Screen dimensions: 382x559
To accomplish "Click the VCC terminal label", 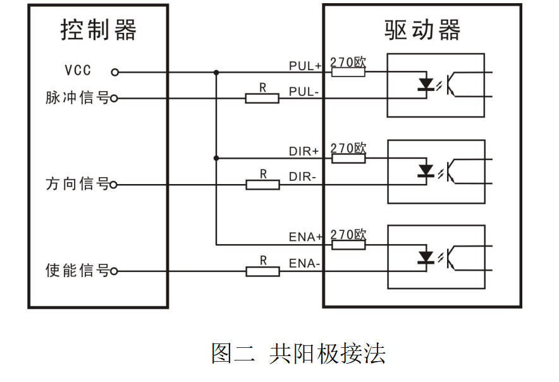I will point(78,70).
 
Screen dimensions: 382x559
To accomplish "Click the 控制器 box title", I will point(98,30).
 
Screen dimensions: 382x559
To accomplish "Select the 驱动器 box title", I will point(422,30).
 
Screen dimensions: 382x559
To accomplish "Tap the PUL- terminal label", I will point(304,92).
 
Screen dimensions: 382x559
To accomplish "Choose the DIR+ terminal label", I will point(305,152).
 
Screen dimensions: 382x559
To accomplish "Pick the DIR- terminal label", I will point(303,178).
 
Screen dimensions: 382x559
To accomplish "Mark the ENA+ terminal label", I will point(305,237).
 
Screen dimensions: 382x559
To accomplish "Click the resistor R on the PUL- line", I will point(262,98).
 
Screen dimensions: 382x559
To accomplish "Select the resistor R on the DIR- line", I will point(262,185).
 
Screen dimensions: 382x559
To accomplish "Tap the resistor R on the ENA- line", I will point(262,271).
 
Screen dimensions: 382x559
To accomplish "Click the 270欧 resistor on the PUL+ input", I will point(348,72).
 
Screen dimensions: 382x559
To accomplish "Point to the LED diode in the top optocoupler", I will point(426,85).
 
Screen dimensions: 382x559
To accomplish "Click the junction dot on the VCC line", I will point(216,72).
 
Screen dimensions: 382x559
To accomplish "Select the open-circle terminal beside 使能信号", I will point(114,272).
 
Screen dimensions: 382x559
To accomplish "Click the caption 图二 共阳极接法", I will point(298,353).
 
